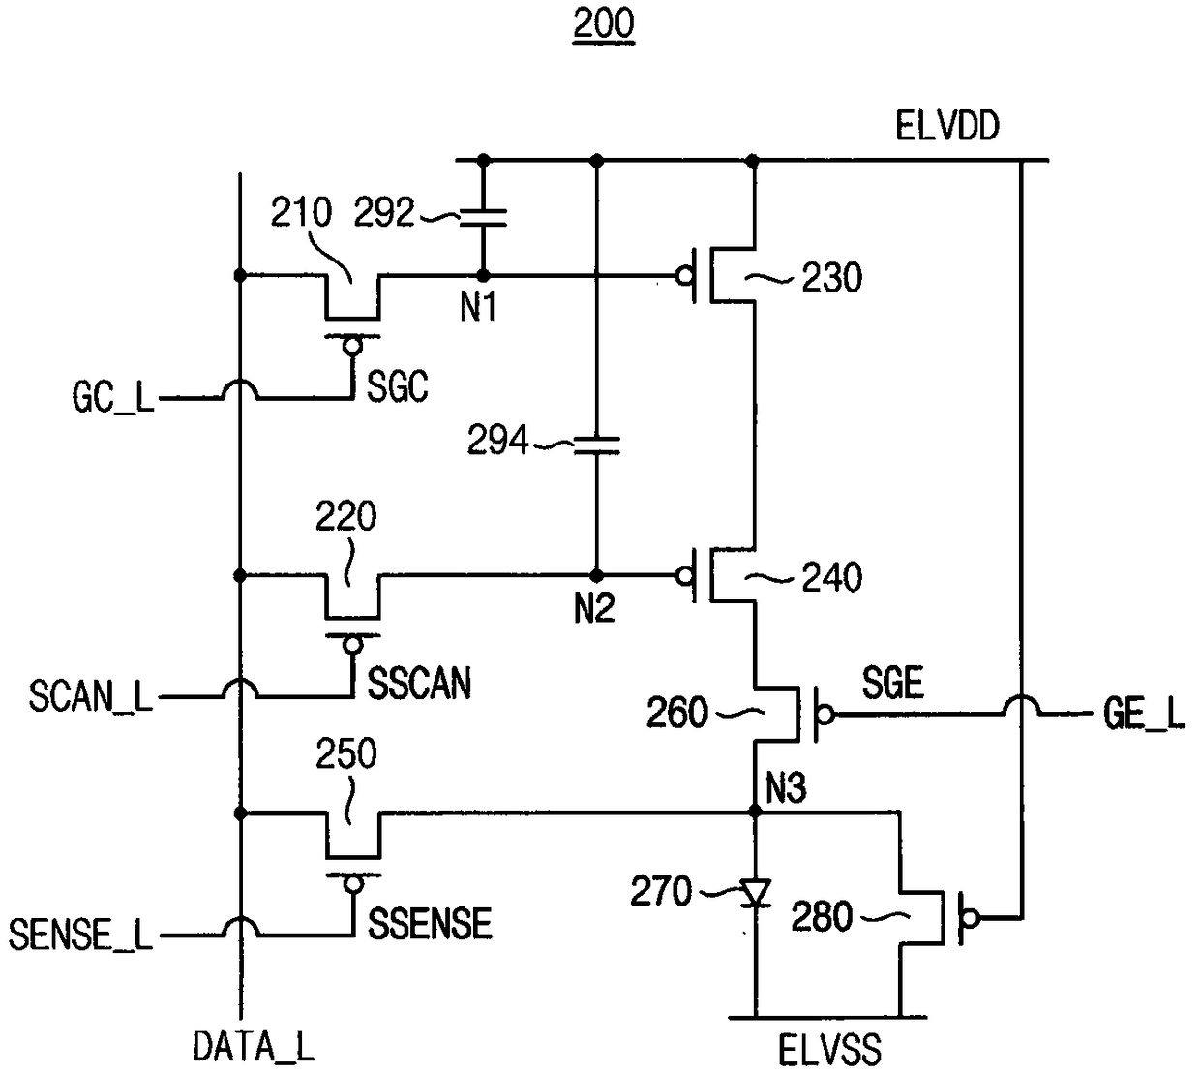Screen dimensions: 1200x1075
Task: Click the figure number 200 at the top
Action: pyautogui.click(x=604, y=25)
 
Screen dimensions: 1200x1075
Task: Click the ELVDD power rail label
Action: pyautogui.click(x=947, y=126)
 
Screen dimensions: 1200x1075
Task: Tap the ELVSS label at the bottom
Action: pyautogui.click(x=829, y=1049)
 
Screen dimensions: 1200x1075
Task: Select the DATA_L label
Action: pyautogui.click(x=253, y=1046)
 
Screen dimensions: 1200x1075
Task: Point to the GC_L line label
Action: pyautogui.click(x=113, y=397)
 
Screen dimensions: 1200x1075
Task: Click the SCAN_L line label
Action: pyautogui.click(x=91, y=696)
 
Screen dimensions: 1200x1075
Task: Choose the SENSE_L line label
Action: pyautogui.click(x=80, y=936)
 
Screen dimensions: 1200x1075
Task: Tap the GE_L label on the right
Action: pyautogui.click(x=1144, y=714)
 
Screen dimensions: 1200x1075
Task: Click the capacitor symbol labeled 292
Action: pyautogui.click(x=483, y=218)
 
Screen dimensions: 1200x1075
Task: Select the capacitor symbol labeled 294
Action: pyautogui.click(x=596, y=445)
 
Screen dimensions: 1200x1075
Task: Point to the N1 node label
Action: pyautogui.click(x=479, y=307)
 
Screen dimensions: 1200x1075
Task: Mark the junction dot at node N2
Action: pyautogui.click(x=596, y=575)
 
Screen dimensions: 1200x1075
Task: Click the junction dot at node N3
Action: pyautogui.click(x=755, y=812)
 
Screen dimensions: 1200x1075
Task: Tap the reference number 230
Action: pyautogui.click(x=831, y=278)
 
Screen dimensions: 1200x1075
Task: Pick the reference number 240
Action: pyautogui.click(x=831, y=577)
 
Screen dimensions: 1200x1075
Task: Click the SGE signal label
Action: pyautogui.click(x=892, y=683)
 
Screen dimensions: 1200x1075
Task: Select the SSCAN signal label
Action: pyautogui.click(x=419, y=684)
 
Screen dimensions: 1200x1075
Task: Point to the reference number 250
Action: pyautogui.click(x=345, y=753)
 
